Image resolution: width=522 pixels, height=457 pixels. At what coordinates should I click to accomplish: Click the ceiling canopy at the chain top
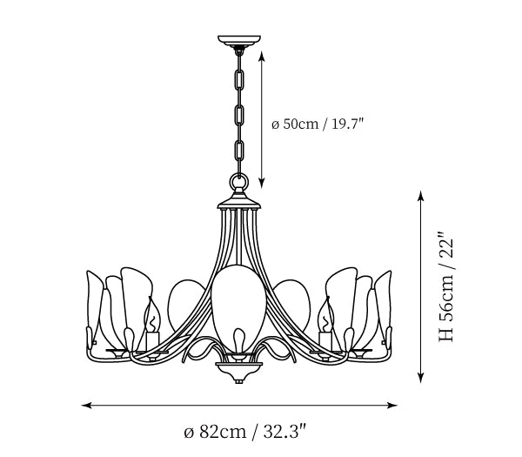[238, 40]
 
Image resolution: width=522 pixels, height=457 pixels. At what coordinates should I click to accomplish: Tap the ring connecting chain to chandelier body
[238, 182]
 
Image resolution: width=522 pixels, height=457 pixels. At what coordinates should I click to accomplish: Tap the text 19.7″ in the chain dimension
[345, 124]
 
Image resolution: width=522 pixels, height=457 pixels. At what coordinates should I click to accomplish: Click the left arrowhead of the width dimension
[85, 405]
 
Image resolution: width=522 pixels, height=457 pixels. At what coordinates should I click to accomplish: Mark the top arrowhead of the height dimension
[422, 197]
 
